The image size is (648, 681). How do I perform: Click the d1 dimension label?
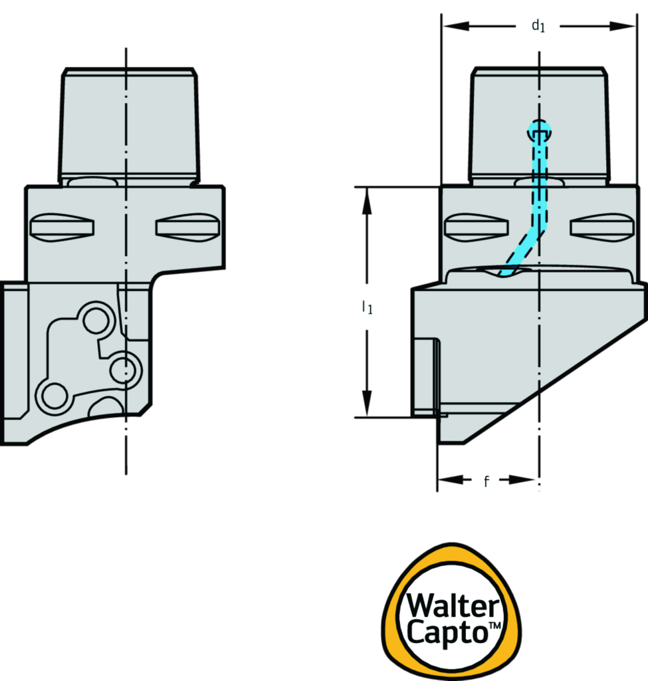[x=538, y=27]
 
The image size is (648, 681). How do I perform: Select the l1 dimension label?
[x=366, y=307]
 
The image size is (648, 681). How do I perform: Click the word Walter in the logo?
[x=453, y=607]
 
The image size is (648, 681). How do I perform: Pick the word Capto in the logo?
[x=446, y=631]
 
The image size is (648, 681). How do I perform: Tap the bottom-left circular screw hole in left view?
[x=51, y=395]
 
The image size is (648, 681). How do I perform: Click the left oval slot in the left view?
[x=62, y=227]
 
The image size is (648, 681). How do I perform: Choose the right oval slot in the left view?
[x=187, y=227]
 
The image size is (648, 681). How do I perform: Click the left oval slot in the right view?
[x=477, y=227]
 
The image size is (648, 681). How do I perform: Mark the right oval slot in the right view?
[x=602, y=227]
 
